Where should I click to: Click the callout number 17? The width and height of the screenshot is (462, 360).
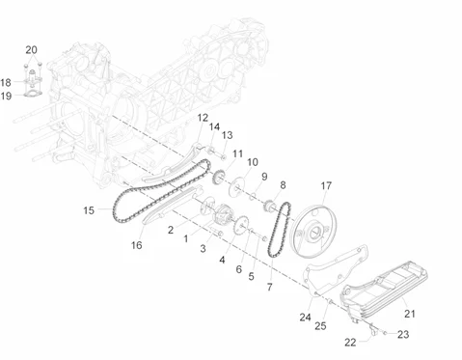(x=326, y=185)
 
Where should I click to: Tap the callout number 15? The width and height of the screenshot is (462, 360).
(x=89, y=210)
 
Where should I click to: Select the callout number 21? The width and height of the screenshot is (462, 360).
(x=410, y=314)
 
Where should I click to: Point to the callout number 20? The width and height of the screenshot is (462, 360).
(x=31, y=50)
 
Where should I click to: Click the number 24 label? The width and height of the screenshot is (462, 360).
(x=305, y=318)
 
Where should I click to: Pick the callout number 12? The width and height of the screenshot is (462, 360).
(x=203, y=118)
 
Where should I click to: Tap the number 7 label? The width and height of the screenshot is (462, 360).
(x=269, y=287)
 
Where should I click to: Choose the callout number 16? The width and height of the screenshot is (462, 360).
(x=136, y=245)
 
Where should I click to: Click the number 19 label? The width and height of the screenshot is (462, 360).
(x=6, y=96)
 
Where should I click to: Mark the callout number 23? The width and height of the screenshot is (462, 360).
(x=403, y=334)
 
